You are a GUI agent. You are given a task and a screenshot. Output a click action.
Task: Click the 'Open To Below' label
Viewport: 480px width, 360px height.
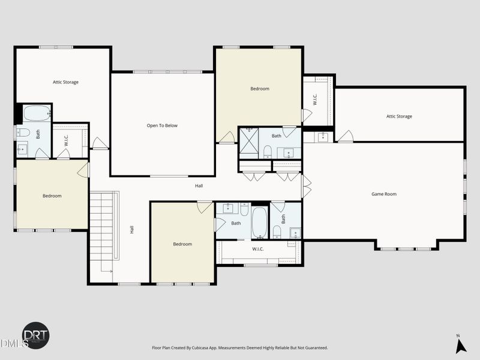pyautogui.click(x=162, y=125)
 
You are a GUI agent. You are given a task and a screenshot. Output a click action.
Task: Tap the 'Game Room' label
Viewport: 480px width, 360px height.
pyautogui.click(x=384, y=194)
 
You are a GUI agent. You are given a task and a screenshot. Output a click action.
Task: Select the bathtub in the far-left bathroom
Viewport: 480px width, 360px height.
pyautogui.click(x=37, y=113)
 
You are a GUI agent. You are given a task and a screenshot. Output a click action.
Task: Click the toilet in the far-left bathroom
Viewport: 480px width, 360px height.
pyautogui.click(x=23, y=133)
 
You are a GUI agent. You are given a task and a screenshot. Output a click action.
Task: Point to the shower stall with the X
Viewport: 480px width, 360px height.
pyautogui.click(x=248, y=143)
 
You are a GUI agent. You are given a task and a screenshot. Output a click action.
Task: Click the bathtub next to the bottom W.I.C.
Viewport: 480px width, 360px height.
pyautogui.click(x=259, y=223)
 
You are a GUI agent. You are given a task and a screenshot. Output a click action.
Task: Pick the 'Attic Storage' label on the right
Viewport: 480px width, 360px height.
pyautogui.click(x=399, y=116)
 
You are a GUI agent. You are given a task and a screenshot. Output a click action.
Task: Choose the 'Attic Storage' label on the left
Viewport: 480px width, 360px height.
pyautogui.click(x=65, y=82)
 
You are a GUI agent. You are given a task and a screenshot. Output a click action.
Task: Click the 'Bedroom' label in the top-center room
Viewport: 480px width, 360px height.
pyautogui.click(x=260, y=89)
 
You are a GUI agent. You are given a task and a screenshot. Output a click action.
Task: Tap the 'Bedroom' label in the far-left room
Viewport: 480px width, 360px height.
pyautogui.click(x=52, y=196)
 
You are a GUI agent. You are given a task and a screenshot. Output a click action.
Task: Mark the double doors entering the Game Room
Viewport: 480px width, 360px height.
pyautogui.click(x=307, y=187)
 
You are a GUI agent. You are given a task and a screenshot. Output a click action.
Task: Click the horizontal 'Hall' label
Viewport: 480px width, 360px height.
pyautogui.click(x=199, y=185)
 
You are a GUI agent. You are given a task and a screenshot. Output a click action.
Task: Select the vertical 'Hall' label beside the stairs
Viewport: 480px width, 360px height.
pyautogui.click(x=132, y=229)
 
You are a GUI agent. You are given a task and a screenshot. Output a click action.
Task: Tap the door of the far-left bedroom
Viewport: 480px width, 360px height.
pyautogui.click(x=83, y=170)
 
